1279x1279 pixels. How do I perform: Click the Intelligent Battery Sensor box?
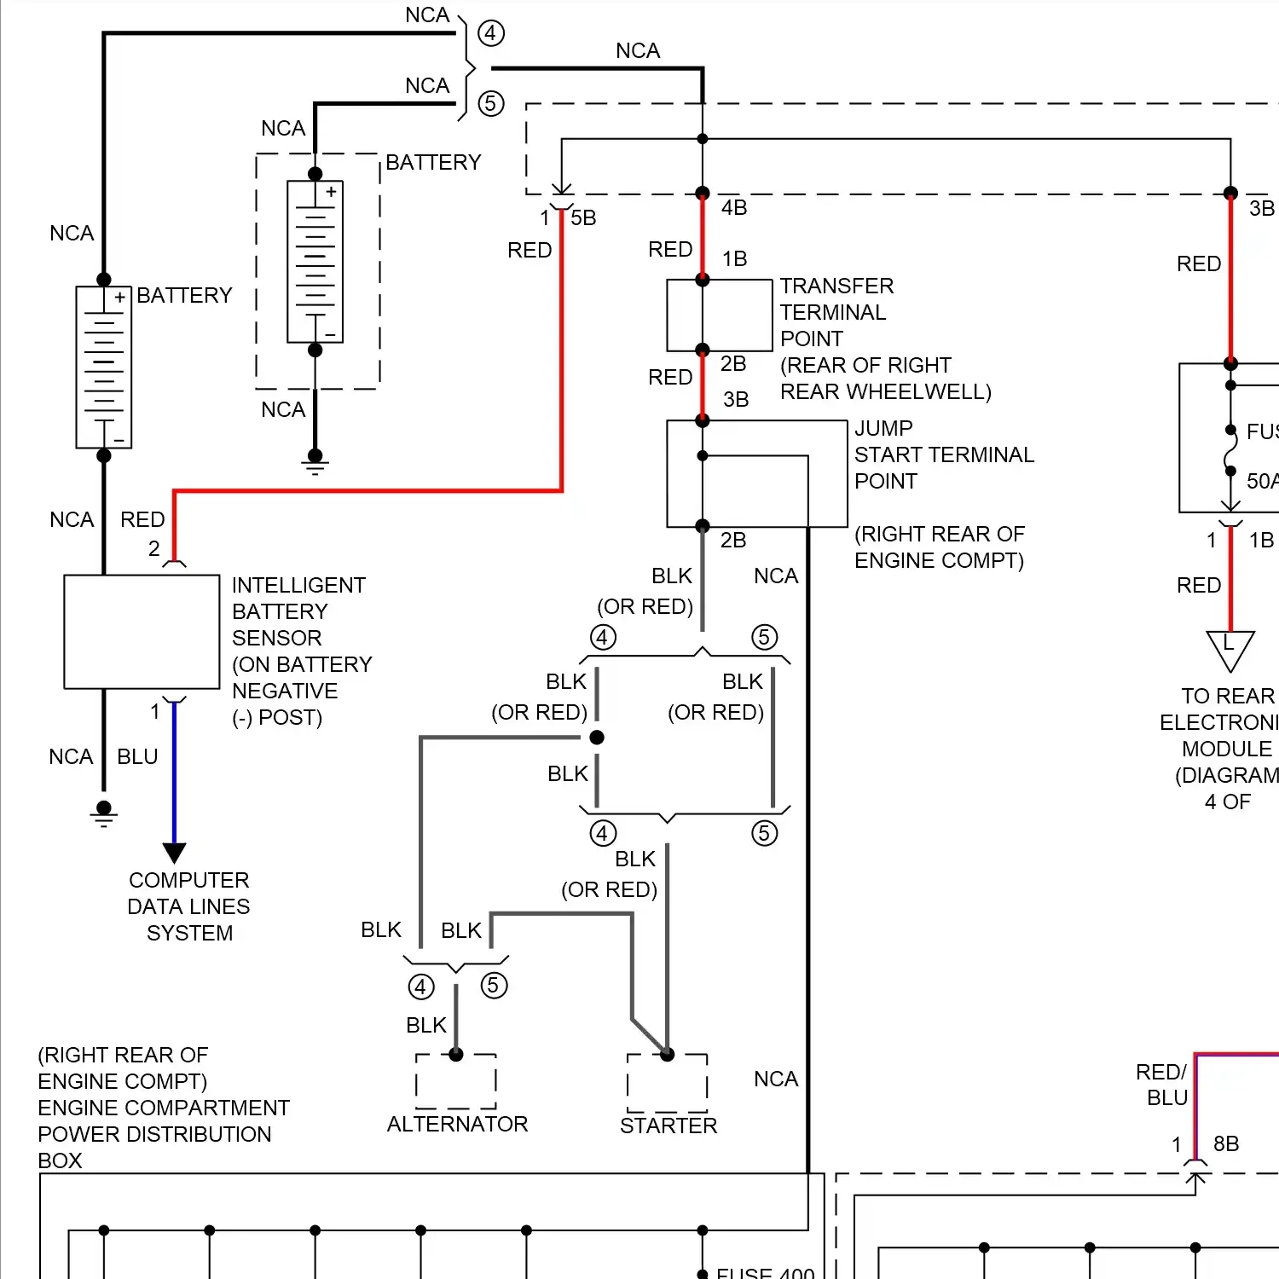(x=142, y=631)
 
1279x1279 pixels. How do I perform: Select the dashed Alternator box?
(x=456, y=1081)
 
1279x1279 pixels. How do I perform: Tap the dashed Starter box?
(x=667, y=1082)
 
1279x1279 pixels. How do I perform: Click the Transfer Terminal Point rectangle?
(x=720, y=315)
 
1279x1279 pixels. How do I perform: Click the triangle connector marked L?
(x=1230, y=648)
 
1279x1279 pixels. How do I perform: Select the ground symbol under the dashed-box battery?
(x=315, y=465)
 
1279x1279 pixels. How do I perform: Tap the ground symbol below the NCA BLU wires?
(x=104, y=814)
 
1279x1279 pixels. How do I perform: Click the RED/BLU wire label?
(x=1161, y=1085)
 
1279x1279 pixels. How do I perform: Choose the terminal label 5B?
(x=583, y=218)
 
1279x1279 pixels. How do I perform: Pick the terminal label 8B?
(x=1226, y=1144)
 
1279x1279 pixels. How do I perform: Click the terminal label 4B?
(x=734, y=208)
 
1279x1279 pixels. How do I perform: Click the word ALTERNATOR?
(x=457, y=1125)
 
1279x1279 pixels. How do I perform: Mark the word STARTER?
(x=668, y=1126)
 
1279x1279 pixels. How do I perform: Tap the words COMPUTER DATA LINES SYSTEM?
(x=188, y=906)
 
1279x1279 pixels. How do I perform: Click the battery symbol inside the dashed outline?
(x=315, y=261)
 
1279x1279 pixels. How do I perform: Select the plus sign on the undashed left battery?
(x=119, y=298)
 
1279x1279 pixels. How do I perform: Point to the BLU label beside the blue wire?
(x=137, y=757)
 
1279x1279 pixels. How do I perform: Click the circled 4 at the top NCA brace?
(x=491, y=33)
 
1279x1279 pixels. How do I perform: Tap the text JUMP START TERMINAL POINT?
(x=943, y=454)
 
